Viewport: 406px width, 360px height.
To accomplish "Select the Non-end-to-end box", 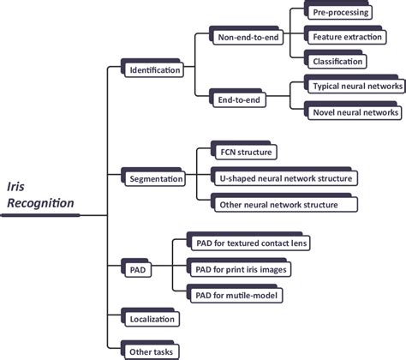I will (248, 39).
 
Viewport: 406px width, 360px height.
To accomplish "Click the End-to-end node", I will (239, 99).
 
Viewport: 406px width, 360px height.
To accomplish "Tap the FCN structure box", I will (245, 153).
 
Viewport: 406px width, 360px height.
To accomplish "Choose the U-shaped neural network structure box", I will (284, 178).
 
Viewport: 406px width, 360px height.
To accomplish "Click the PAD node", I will (137, 270).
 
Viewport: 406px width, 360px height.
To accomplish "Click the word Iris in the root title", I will (15, 184).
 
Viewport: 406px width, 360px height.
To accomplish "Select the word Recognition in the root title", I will (40, 203).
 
